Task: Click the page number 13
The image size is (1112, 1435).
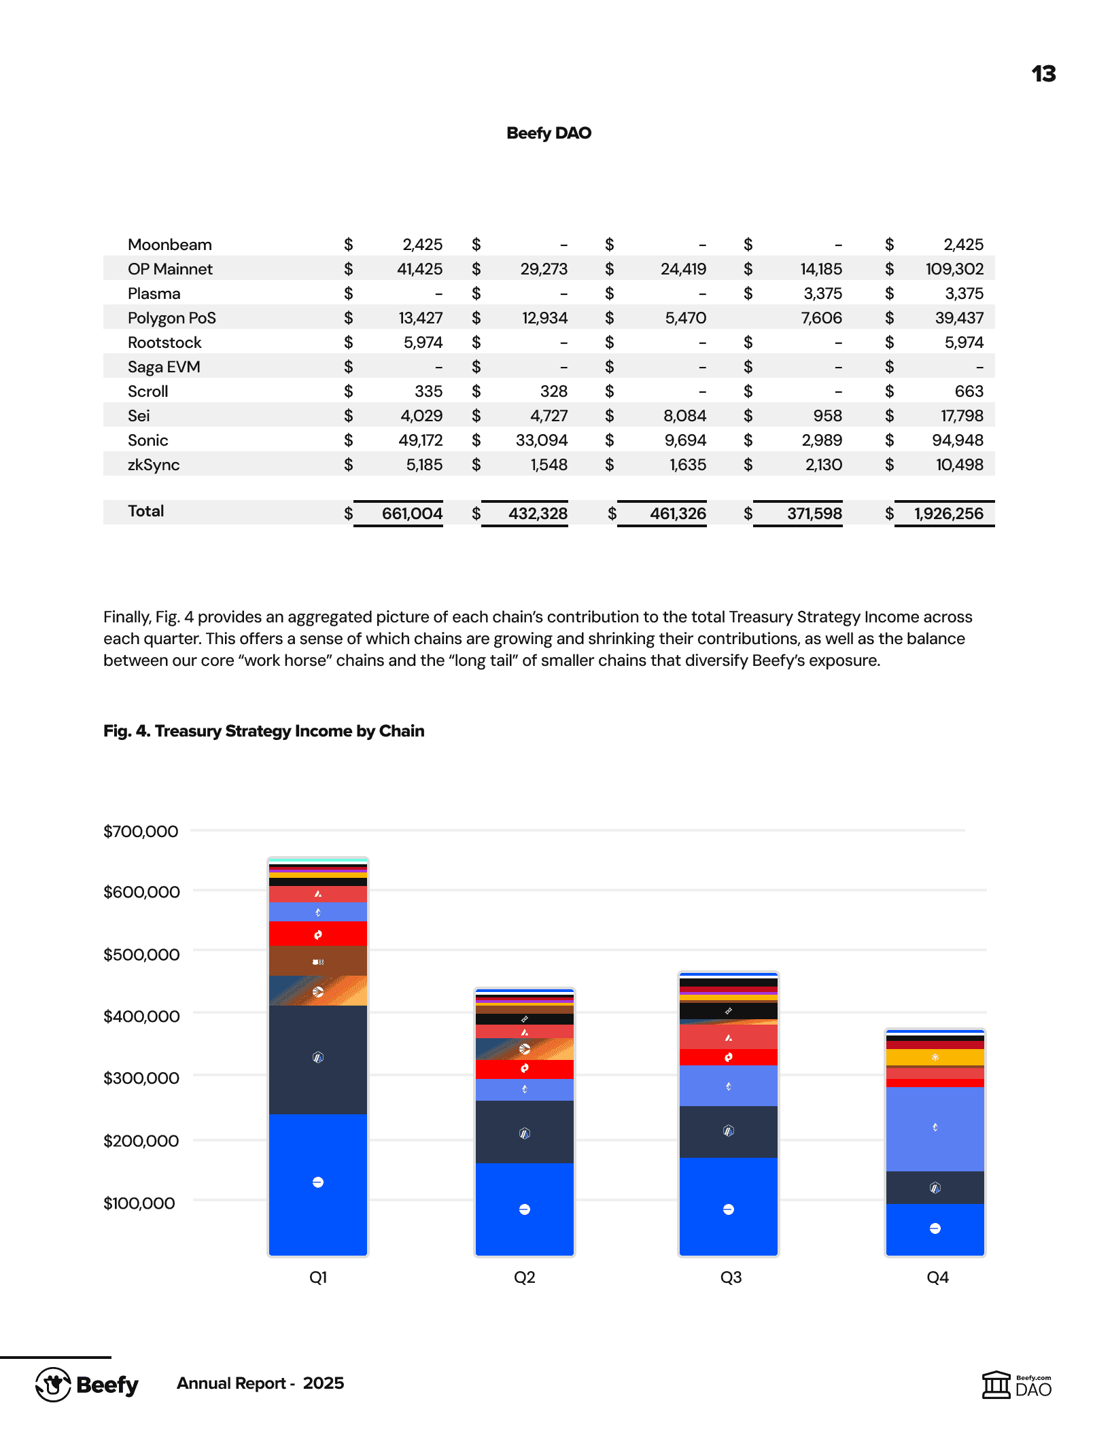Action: pyautogui.click(x=1043, y=74)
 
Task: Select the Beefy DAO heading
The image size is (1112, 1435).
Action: pyautogui.click(x=549, y=133)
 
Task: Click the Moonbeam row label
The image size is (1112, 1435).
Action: pyautogui.click(x=170, y=245)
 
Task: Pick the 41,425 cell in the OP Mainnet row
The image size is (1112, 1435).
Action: pyautogui.click(x=419, y=269)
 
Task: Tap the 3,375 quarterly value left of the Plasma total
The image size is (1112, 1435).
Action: pyautogui.click(x=822, y=294)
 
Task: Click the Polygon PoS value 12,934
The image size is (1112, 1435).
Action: pyautogui.click(x=544, y=318)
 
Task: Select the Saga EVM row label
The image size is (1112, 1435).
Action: pyautogui.click(x=164, y=367)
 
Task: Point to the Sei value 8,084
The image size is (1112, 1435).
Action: pyautogui.click(x=685, y=416)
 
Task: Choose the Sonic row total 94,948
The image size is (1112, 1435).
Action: pyautogui.click(x=957, y=440)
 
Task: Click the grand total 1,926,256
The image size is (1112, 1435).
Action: pyautogui.click(x=948, y=514)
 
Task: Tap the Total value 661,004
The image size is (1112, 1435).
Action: pyautogui.click(x=412, y=514)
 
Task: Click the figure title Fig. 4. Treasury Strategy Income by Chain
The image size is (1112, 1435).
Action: pyautogui.click(x=264, y=731)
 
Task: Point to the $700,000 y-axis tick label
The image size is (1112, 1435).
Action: pyautogui.click(x=141, y=832)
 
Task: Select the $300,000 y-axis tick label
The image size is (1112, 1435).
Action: pyautogui.click(x=141, y=1078)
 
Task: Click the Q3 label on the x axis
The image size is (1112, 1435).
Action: pyautogui.click(x=731, y=1277)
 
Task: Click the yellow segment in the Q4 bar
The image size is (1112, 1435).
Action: pyautogui.click(x=935, y=1057)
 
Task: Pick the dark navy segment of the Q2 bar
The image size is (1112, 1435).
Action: pyautogui.click(x=525, y=1132)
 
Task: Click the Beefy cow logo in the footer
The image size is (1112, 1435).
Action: pyautogui.click(x=54, y=1384)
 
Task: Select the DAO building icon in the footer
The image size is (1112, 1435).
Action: pyautogui.click(x=996, y=1385)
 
